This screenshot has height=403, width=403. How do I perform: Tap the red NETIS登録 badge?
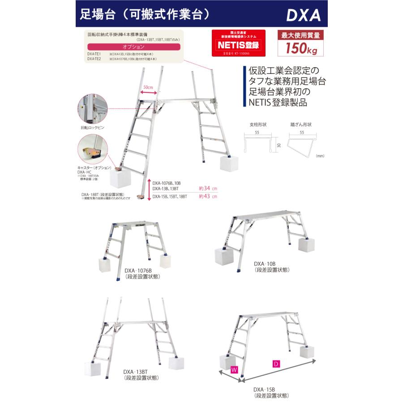pyautogui.click(x=238, y=45)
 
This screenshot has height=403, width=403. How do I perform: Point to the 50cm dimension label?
pyautogui.click(x=149, y=87)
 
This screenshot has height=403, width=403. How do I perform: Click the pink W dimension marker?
pyautogui.click(x=234, y=370)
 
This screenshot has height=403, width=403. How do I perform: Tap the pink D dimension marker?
pyautogui.click(x=276, y=364)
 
